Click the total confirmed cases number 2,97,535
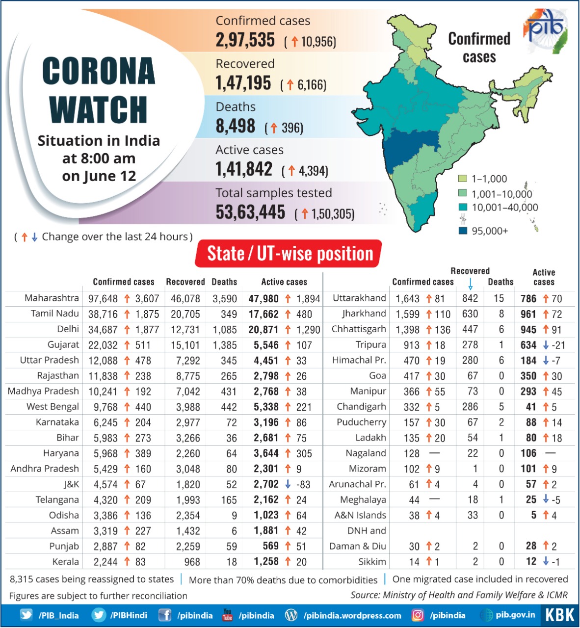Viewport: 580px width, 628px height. pyautogui.click(x=245, y=40)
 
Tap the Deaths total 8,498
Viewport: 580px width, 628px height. pyautogui.click(x=235, y=127)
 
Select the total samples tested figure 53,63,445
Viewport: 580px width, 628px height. pyautogui.click(x=250, y=212)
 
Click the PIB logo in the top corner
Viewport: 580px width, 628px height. pyautogui.click(x=546, y=29)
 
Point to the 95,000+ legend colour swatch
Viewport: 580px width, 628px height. pyautogui.click(x=462, y=231)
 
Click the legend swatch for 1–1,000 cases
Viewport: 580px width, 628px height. pyautogui.click(x=462, y=179)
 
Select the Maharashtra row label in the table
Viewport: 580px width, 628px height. pyautogui.click(x=52, y=298)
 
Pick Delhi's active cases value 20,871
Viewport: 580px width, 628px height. pyautogui.click(x=264, y=330)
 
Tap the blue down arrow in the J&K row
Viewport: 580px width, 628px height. pyautogui.click(x=288, y=484)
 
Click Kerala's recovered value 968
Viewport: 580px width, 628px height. pyautogui.click(x=192, y=562)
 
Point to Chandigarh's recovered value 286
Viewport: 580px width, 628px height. pyautogui.click(x=470, y=407)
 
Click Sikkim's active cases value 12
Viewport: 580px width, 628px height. pyautogui.click(x=531, y=562)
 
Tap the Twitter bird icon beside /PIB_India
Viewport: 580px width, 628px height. pyautogui.click(x=26, y=615)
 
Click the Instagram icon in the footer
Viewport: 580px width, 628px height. pyautogui.click(x=418, y=615)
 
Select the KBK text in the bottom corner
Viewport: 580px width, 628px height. pyautogui.click(x=560, y=615)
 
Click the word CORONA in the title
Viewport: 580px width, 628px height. pyautogui.click(x=99, y=72)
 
